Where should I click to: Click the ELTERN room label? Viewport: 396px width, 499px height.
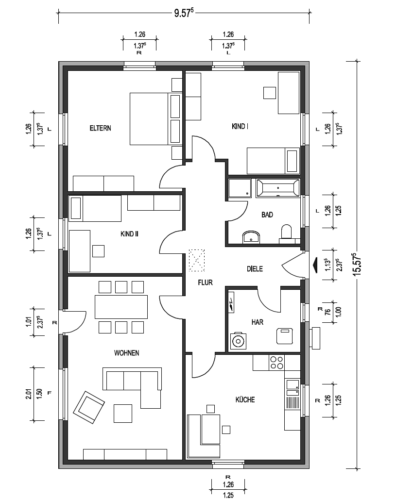101,128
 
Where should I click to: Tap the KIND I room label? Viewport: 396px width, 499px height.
240,126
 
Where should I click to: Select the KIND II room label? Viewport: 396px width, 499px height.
129,234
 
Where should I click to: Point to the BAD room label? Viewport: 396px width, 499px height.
267,215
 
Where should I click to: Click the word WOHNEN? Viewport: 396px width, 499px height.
126,353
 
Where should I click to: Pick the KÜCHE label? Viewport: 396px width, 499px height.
245,399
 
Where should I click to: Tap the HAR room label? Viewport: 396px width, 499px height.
258,322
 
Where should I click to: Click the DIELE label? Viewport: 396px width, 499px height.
255,269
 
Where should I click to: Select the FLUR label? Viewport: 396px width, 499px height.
205,283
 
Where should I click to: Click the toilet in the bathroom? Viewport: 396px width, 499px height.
286,232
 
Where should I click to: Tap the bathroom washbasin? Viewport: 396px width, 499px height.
251,237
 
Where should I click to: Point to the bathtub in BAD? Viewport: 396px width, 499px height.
278,188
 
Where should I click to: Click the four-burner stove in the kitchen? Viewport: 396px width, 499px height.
276,363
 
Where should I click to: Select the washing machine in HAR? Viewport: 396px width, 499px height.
238,341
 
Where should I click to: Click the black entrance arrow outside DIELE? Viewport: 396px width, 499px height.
315,266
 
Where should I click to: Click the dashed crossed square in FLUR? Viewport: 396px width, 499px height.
197,260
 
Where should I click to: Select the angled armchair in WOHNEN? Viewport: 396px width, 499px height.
89,407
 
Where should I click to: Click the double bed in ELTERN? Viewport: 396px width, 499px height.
155,119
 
